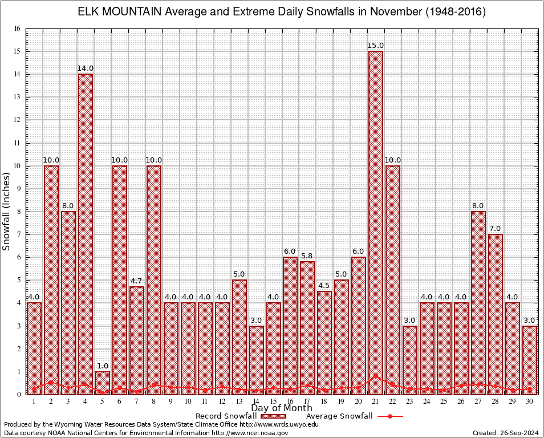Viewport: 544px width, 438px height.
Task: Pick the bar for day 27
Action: pos(478,302)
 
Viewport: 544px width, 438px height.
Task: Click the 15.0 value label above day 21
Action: pos(376,46)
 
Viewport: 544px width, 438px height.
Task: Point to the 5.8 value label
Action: pos(307,256)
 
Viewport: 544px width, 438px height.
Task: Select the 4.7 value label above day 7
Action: pos(137,281)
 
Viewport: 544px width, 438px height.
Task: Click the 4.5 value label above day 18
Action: pos(324,286)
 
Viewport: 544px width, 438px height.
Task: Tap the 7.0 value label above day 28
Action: pos(496,229)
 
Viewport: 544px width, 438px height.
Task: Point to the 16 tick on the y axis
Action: pos(17,29)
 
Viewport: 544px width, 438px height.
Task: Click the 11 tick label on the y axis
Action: pos(17,143)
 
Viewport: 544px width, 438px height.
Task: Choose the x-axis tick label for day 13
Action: pos(239,401)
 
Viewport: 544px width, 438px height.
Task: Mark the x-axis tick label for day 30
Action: pos(530,401)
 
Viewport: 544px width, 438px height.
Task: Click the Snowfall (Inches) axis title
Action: pos(7,212)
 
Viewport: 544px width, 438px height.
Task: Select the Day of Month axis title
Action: pos(282,408)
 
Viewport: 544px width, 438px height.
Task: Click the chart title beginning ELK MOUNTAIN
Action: pos(282,12)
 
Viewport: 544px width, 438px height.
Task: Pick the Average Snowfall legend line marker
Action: pos(389,416)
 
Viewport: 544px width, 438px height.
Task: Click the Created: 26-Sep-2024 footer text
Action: pos(506,433)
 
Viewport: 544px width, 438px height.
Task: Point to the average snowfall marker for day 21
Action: pos(376,376)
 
